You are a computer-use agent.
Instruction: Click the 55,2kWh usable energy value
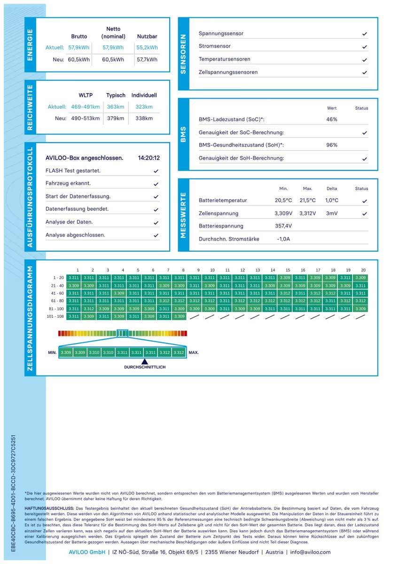(x=147, y=47)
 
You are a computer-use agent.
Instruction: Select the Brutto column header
(x=79, y=36)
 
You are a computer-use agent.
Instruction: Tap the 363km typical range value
(x=115, y=107)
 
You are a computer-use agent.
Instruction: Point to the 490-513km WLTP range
(x=86, y=118)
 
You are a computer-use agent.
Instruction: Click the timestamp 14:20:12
(x=149, y=158)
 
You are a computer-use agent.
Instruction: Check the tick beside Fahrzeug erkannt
(x=156, y=184)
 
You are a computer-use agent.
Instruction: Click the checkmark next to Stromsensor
(x=365, y=47)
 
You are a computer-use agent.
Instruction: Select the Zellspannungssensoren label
(x=228, y=72)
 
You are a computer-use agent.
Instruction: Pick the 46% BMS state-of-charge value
(x=332, y=119)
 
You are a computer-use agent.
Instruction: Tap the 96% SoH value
(x=332, y=145)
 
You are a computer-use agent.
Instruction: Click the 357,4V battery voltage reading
(x=283, y=226)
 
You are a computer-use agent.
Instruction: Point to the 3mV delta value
(x=332, y=213)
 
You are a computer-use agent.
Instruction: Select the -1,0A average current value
(x=283, y=239)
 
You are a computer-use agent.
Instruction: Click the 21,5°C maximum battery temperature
(x=308, y=200)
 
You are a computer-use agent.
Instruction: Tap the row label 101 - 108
(x=55, y=316)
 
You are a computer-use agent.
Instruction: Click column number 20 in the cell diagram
(x=363, y=270)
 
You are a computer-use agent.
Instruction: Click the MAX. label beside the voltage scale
(x=194, y=352)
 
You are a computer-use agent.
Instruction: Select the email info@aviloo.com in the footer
(x=310, y=552)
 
